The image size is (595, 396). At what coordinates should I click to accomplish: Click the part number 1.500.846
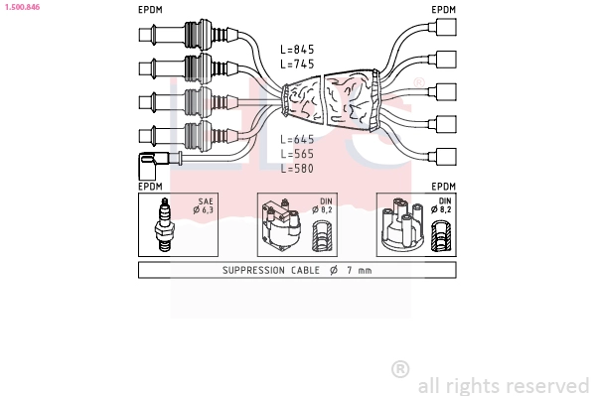[22, 7]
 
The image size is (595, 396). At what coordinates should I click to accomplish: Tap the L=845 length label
[297, 50]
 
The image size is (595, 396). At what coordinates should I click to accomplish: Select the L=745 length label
[297, 64]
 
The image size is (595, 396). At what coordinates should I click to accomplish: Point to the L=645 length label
[297, 139]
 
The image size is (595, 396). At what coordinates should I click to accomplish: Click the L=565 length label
[297, 154]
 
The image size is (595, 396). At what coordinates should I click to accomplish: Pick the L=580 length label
[297, 168]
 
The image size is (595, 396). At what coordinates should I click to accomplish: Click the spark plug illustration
[164, 224]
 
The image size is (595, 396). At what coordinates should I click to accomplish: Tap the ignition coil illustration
[281, 224]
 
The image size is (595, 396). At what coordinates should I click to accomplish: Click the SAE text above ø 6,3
[206, 201]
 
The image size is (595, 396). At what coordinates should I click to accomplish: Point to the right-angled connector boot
[153, 166]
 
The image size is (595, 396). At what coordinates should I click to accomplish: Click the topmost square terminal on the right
[446, 27]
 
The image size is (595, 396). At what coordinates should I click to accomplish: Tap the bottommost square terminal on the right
[446, 156]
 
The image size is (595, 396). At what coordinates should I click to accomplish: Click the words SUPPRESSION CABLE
[271, 270]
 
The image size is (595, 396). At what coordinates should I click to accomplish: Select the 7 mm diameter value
[359, 270]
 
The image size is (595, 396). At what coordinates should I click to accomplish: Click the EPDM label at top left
[150, 10]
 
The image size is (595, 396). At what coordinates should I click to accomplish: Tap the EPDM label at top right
[444, 10]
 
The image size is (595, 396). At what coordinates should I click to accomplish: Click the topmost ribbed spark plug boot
[189, 35]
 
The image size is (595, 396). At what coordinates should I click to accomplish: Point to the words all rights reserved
[504, 386]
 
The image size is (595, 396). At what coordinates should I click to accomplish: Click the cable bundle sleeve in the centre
[331, 99]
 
